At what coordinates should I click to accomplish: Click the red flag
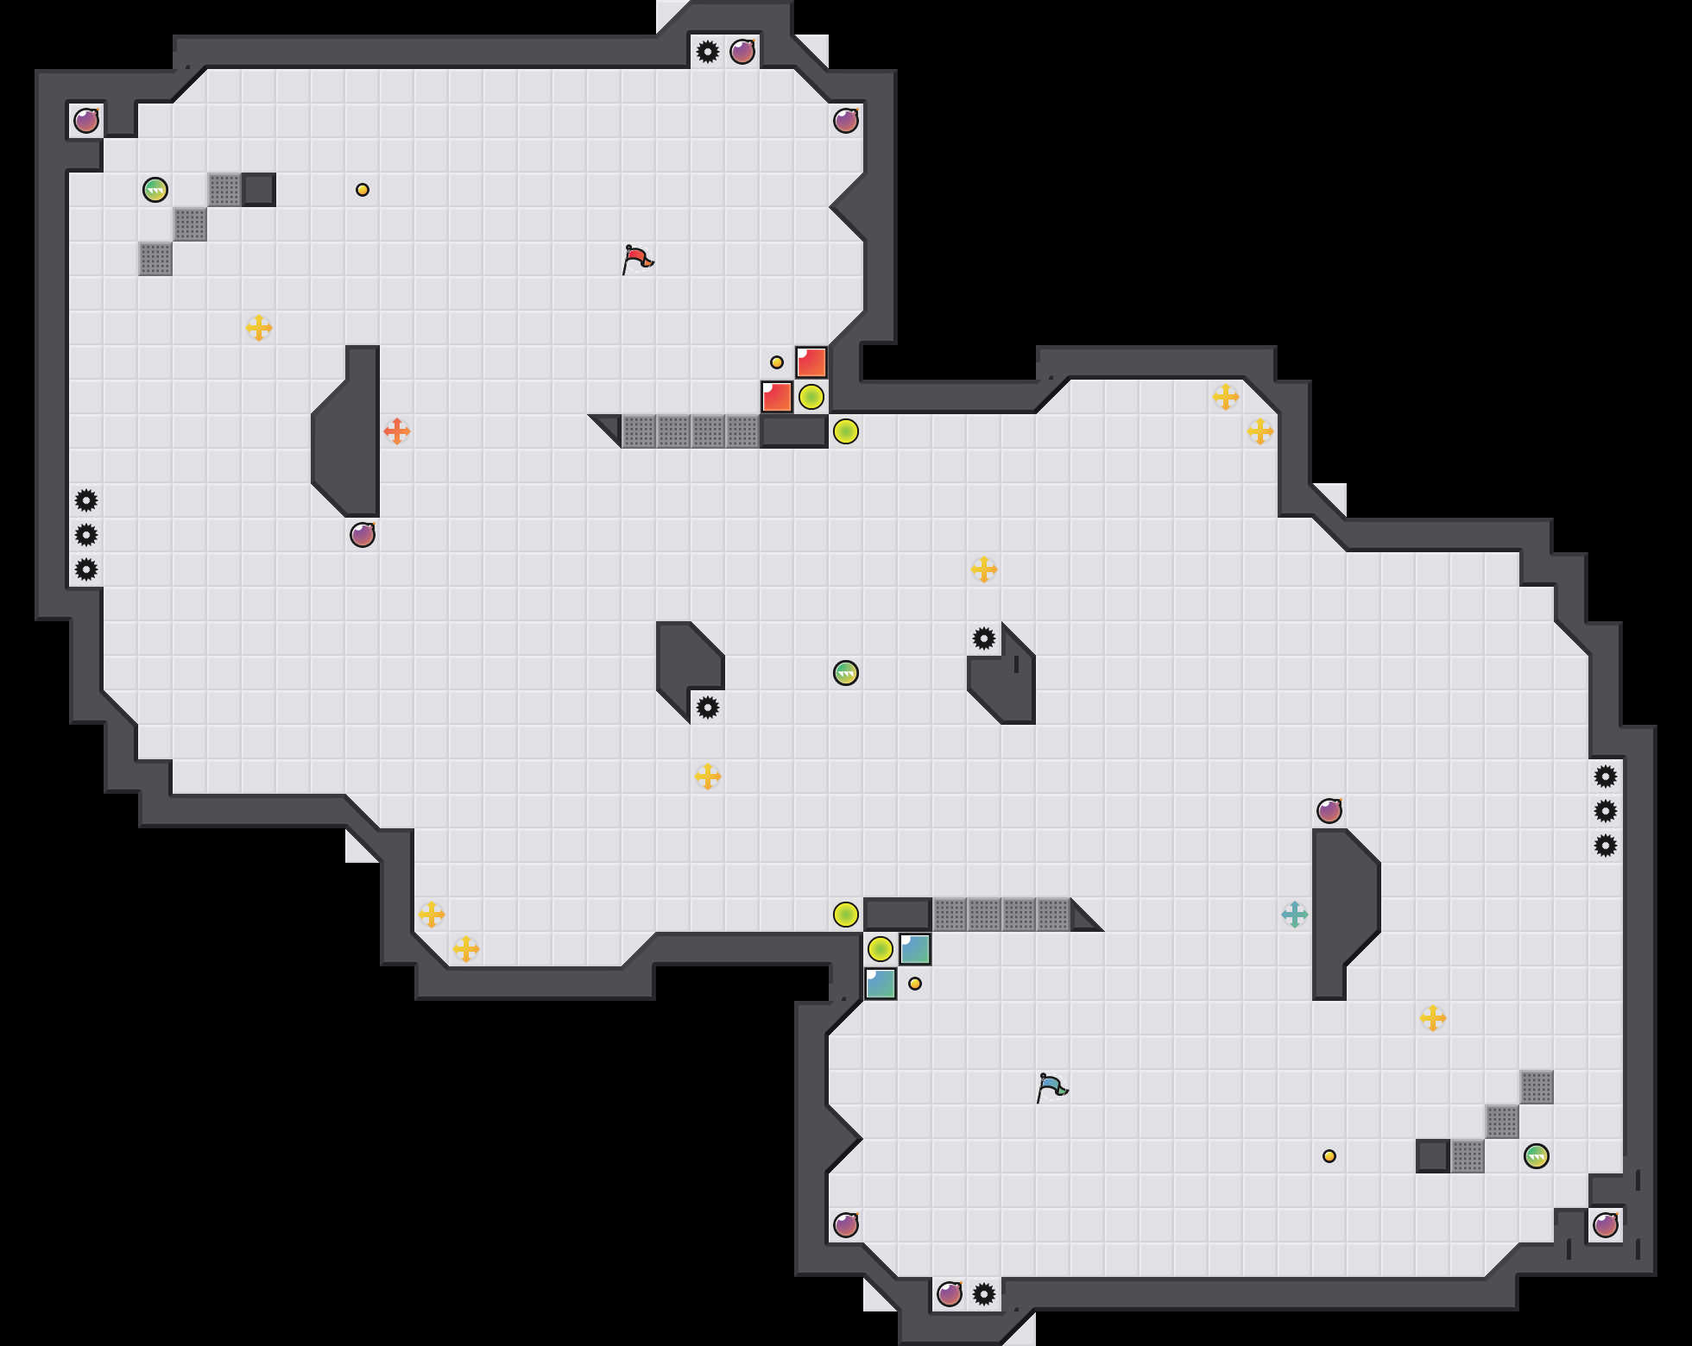click(x=637, y=259)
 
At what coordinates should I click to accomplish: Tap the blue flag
click(x=1051, y=1087)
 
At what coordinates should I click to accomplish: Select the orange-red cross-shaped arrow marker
click(x=397, y=431)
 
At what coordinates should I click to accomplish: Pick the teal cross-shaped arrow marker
click(x=1295, y=915)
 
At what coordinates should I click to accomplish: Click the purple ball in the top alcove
click(x=742, y=52)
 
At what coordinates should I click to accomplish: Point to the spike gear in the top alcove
click(x=708, y=52)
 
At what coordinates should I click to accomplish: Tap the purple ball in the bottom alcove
click(x=950, y=1294)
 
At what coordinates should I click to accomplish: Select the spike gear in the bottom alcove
click(x=984, y=1294)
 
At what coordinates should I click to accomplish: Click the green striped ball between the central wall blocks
click(x=846, y=673)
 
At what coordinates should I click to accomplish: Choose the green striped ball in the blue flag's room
click(x=1537, y=1156)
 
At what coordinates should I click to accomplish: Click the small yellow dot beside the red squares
click(x=777, y=362)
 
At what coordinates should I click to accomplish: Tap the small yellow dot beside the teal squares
click(x=915, y=984)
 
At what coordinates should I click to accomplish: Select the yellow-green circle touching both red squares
click(x=811, y=397)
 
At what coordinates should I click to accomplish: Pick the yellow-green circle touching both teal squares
click(x=881, y=949)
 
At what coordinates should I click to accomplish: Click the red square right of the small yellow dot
click(x=811, y=362)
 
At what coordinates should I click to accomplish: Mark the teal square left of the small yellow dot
click(x=881, y=984)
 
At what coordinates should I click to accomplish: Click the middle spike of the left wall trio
click(x=86, y=535)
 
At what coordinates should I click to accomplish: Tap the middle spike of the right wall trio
click(x=1606, y=811)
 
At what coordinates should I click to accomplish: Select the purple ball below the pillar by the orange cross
click(x=363, y=535)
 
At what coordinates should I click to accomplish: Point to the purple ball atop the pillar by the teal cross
click(x=1329, y=811)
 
